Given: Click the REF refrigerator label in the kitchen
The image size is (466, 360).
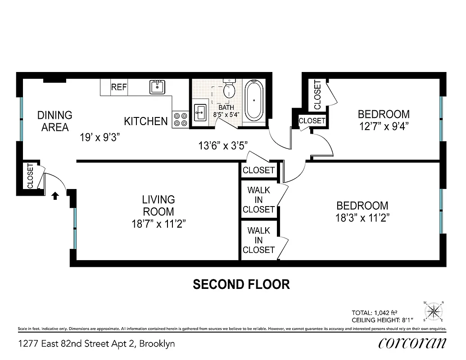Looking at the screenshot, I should [x=119, y=87].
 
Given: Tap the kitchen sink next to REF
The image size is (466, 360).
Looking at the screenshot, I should [x=157, y=87].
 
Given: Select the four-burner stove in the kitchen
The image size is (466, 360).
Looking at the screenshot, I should [x=180, y=119].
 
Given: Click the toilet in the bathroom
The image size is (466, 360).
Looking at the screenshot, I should [x=230, y=89].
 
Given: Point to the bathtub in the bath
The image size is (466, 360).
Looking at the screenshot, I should [x=254, y=100].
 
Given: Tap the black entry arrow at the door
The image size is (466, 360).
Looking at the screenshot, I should [x=55, y=196].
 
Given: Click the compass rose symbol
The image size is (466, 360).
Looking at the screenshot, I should [x=434, y=311].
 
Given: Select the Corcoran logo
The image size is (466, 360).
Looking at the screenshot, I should [x=412, y=343].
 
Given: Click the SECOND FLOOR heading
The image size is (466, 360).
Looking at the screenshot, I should [x=241, y=284].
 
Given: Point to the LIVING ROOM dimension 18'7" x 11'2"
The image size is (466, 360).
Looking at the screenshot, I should [x=158, y=224].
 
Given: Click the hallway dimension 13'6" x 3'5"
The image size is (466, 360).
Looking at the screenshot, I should [x=223, y=145].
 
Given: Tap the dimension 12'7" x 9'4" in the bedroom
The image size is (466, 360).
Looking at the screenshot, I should [x=384, y=126].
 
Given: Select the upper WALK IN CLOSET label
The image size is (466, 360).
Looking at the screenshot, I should [x=258, y=200].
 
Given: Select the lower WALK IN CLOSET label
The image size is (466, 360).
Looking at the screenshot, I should [x=258, y=240].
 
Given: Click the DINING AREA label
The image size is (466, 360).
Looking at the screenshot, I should [x=54, y=121].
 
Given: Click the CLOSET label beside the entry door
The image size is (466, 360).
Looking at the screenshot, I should [x=30, y=176].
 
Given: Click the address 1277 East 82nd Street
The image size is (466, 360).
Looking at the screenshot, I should [x=96, y=344].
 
